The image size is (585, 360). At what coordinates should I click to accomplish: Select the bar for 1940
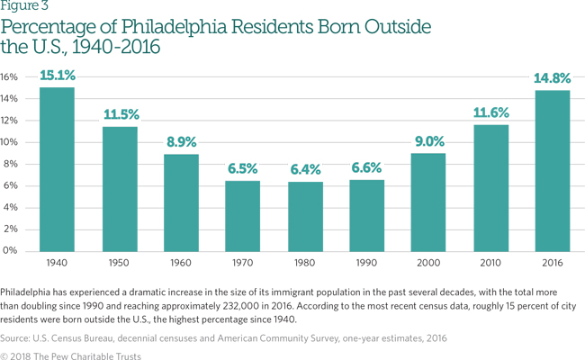click(x=56, y=168)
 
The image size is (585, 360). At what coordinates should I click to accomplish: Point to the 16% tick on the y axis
click(x=10, y=76)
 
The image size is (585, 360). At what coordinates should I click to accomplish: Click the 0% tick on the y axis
click(x=10, y=250)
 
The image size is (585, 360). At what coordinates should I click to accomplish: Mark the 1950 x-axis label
click(x=118, y=265)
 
